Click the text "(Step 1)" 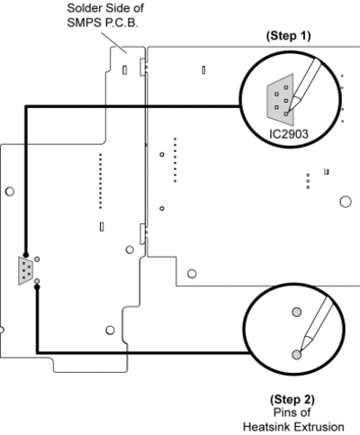tap(288, 36)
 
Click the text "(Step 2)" tap(292, 400)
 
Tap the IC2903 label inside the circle tap(289, 134)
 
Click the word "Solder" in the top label tap(83, 8)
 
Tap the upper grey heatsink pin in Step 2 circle tap(297, 313)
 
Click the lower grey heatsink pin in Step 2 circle tap(297, 355)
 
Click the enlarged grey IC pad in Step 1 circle tap(280, 100)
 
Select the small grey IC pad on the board tap(26, 271)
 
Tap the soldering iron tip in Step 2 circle tap(299, 350)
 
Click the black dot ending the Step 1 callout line tap(26, 255)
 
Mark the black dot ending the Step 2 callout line tap(37, 287)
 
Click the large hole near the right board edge tap(346, 202)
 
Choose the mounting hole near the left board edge tap(10, 191)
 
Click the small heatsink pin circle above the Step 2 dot tap(37, 281)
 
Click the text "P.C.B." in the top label tap(121, 23)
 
